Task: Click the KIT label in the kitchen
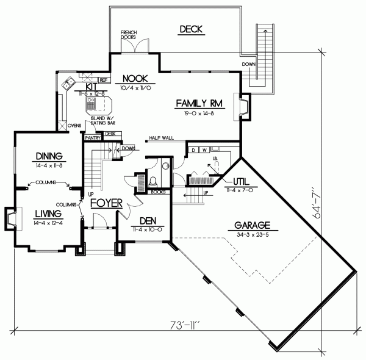click(x=91, y=87)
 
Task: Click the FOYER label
click(x=107, y=203)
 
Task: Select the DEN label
click(x=149, y=221)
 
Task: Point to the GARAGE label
click(x=254, y=224)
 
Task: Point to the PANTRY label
click(x=93, y=138)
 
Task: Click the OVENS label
click(x=74, y=126)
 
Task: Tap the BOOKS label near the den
click(x=158, y=192)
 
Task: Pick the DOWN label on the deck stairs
click(x=248, y=63)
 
